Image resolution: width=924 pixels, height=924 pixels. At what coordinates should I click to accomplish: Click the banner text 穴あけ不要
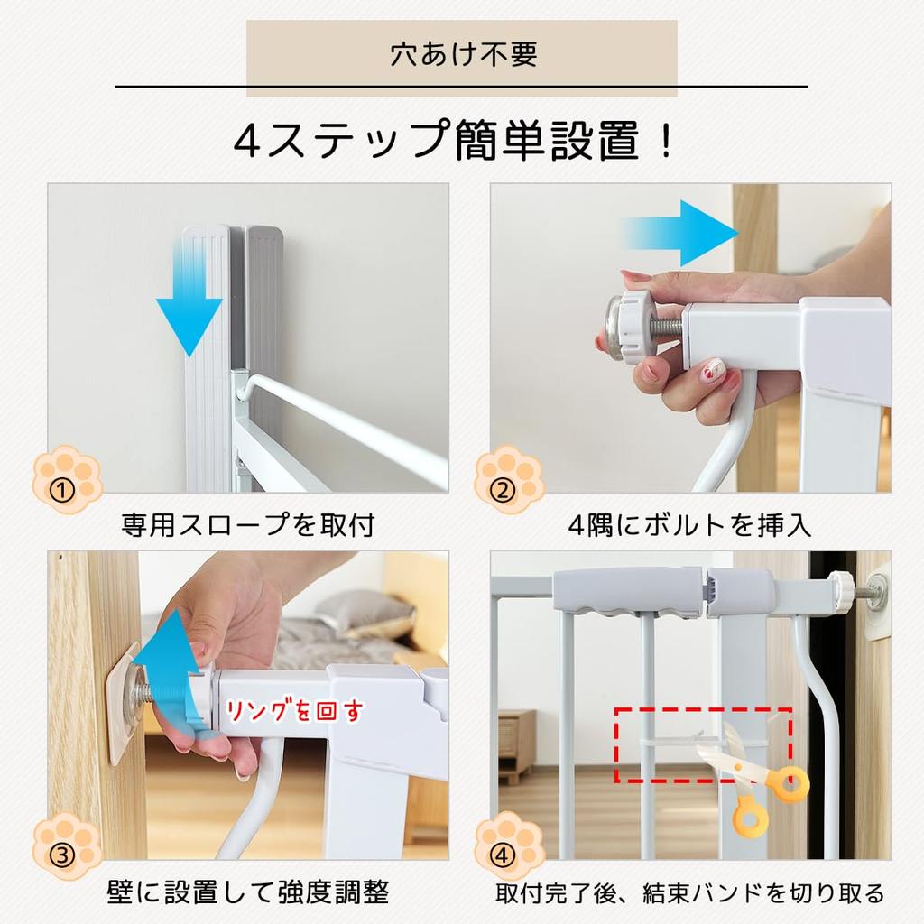click(x=462, y=54)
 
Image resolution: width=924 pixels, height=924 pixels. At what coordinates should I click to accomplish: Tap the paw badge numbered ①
click(x=67, y=479)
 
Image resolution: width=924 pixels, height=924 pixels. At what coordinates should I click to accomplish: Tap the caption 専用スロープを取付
click(x=247, y=524)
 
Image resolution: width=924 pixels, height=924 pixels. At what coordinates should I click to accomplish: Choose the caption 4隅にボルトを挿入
click(x=690, y=524)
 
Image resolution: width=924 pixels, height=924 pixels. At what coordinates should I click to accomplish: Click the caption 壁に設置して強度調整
click(x=247, y=893)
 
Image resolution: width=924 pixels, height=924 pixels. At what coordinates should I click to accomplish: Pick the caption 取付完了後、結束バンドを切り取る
click(x=690, y=893)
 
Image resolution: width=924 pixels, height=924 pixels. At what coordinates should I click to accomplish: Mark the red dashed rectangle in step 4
click(x=703, y=745)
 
